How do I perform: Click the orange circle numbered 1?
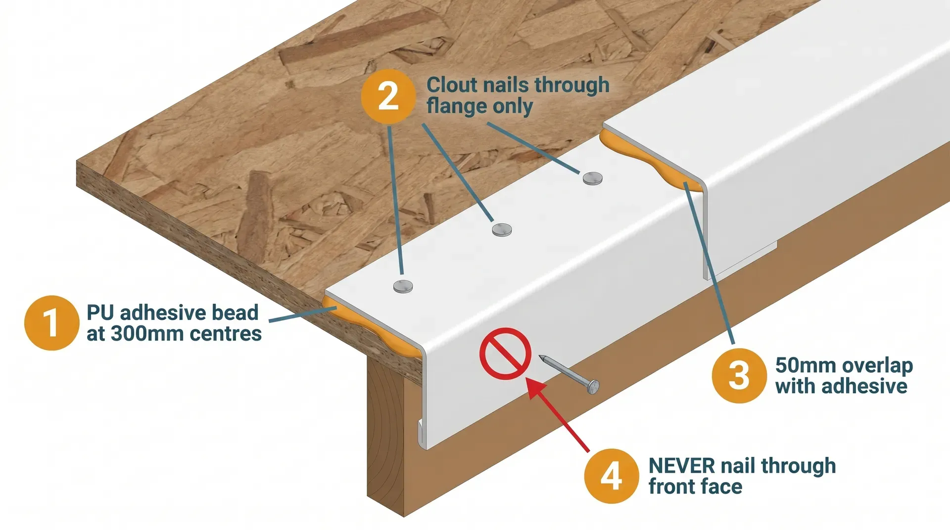51,323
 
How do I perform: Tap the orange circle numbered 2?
388,96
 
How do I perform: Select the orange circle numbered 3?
739,375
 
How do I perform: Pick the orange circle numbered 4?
611,476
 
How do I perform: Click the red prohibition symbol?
505,353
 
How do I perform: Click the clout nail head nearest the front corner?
403,286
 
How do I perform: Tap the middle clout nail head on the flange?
502,229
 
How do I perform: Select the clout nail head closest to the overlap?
592,178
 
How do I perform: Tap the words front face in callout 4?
695,486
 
